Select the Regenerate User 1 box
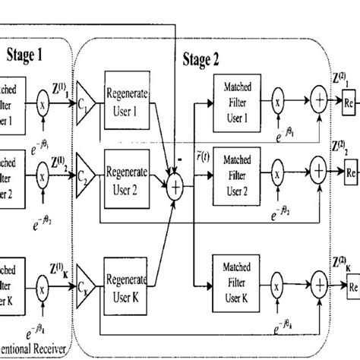(128, 98)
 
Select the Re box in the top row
(349, 101)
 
